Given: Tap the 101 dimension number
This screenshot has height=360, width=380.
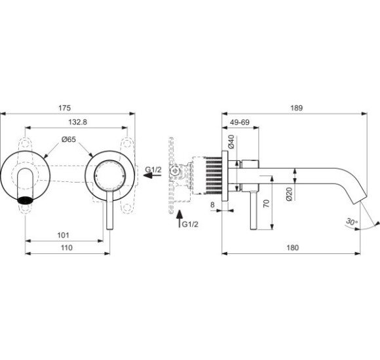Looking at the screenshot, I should (64, 234).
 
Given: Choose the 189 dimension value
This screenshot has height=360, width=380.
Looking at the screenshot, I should (294, 107).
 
